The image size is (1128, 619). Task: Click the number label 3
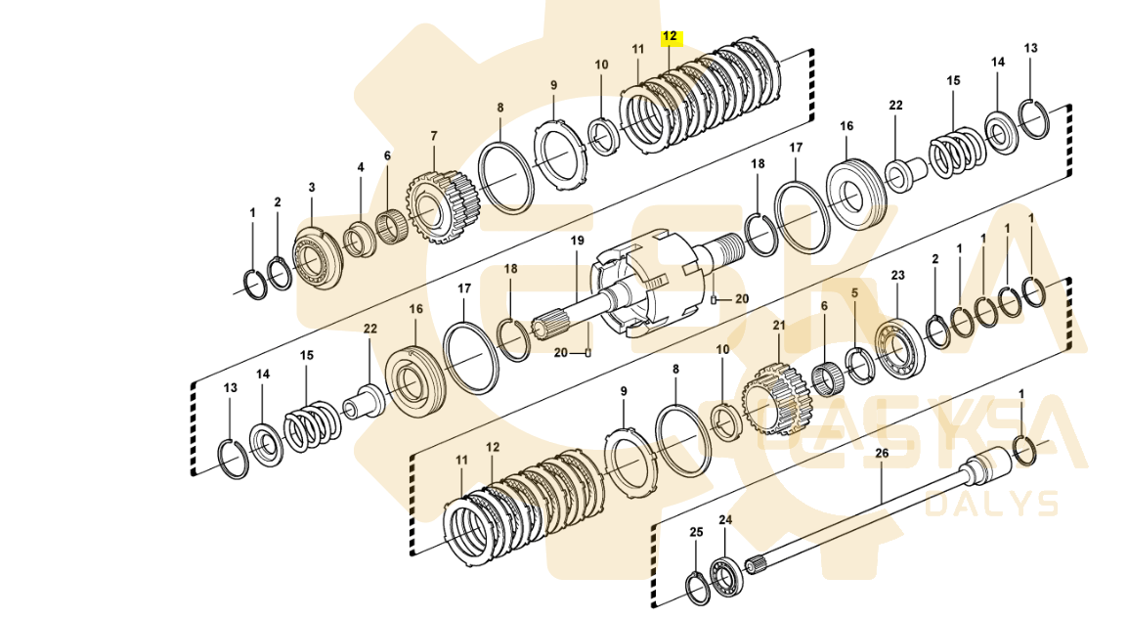click(312, 187)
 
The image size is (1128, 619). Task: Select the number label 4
click(360, 167)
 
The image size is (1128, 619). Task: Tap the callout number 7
click(434, 135)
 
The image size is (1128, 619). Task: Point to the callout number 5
click(853, 291)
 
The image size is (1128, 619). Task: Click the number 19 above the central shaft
click(577, 241)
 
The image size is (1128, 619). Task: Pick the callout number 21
click(779, 325)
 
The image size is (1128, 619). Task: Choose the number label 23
click(898, 276)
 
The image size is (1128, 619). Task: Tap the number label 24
click(724, 520)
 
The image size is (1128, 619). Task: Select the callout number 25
click(696, 532)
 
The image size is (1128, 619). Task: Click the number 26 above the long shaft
click(882, 453)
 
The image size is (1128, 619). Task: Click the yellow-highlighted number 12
click(670, 36)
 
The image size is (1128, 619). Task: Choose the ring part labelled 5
click(860, 364)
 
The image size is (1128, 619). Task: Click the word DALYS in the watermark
click(991, 503)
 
